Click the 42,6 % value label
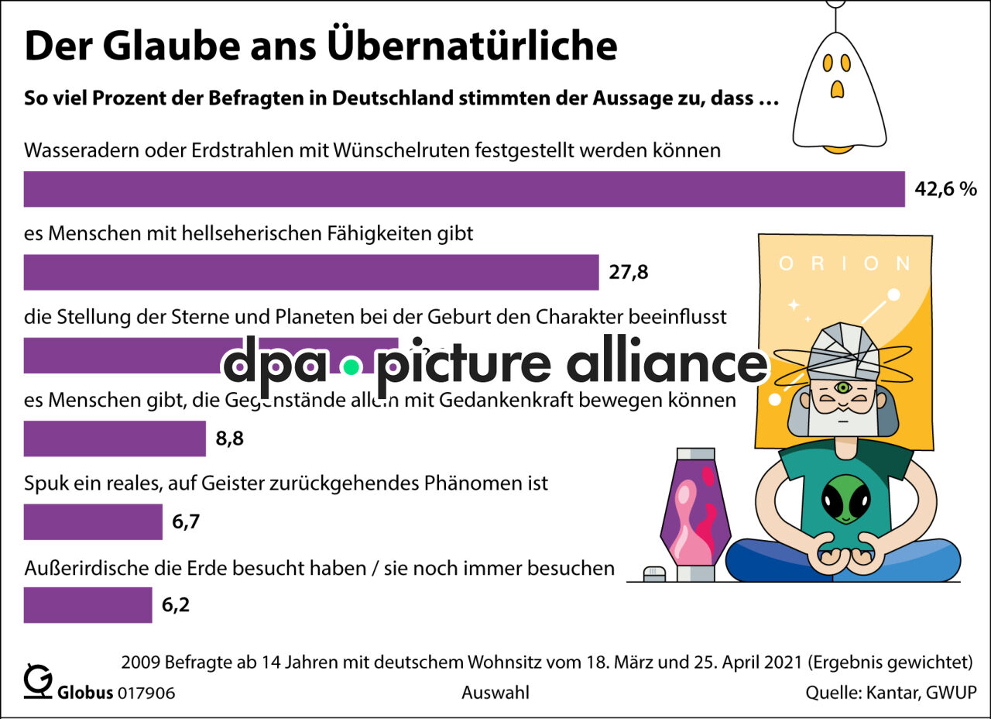tap(945, 189)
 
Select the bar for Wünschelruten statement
tap(465, 189)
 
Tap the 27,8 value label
tap(628, 272)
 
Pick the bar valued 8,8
tap(115, 439)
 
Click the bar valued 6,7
tap(93, 521)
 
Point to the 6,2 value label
tap(176, 605)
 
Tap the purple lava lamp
tap(694, 511)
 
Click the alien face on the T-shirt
tap(843, 499)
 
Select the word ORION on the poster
tap(845, 263)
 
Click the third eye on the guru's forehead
tap(842, 387)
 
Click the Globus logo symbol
tap(36, 681)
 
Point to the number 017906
tap(146, 693)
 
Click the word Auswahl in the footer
tap(495, 693)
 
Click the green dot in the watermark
tap(351, 365)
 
